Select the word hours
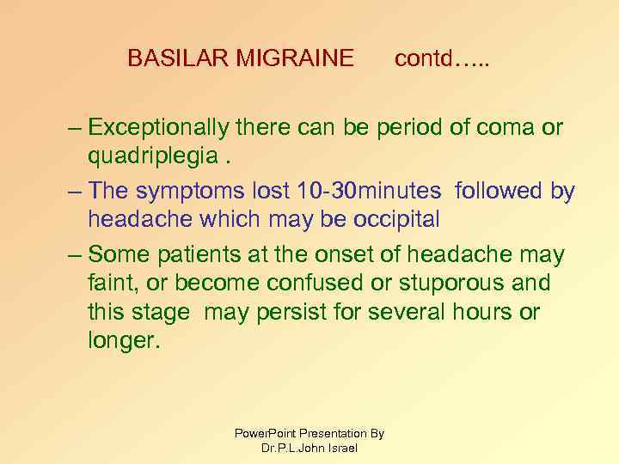coord(484,311)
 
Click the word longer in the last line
coord(122,340)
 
